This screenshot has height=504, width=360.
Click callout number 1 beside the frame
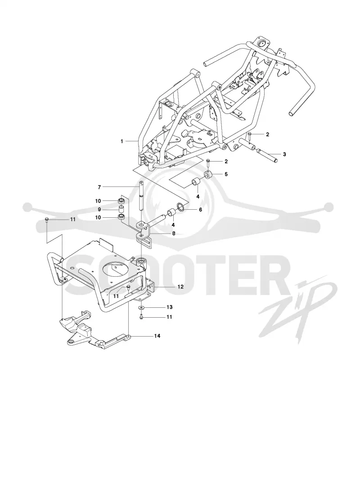[122, 141]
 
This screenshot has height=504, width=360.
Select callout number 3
[284, 154]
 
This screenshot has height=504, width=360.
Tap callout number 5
[226, 174]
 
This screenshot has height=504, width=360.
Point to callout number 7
[99, 187]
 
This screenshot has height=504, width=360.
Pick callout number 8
[174, 234]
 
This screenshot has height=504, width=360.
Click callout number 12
[180, 286]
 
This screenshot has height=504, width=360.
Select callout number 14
[157, 336]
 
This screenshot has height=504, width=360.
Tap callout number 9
[99, 209]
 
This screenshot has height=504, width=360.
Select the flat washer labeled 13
[141, 308]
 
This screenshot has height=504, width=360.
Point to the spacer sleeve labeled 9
[122, 209]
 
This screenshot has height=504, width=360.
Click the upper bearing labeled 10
[121, 201]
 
